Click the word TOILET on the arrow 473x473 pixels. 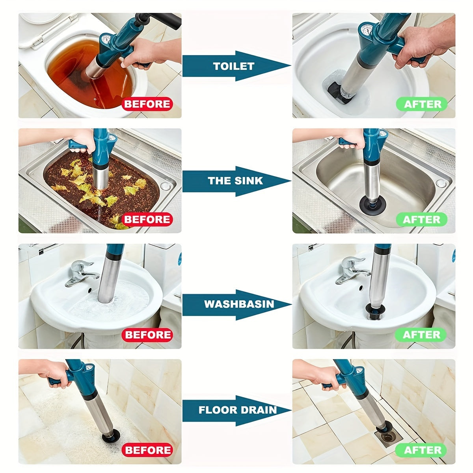coord(233,66)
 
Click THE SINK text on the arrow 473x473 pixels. coord(235,181)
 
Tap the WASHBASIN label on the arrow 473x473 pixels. coord(233,304)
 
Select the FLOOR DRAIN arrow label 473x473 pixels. coord(237,410)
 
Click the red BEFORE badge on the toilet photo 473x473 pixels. coord(147,104)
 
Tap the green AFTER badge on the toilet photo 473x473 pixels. coord(422,104)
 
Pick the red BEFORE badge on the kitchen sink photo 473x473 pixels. coord(147,220)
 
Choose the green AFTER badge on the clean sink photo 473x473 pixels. coord(421,220)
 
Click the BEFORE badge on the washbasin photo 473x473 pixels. coord(147,335)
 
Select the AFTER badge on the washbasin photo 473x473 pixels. coord(421,335)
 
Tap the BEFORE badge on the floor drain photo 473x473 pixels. coord(147,450)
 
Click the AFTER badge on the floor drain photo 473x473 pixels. coord(421,450)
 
